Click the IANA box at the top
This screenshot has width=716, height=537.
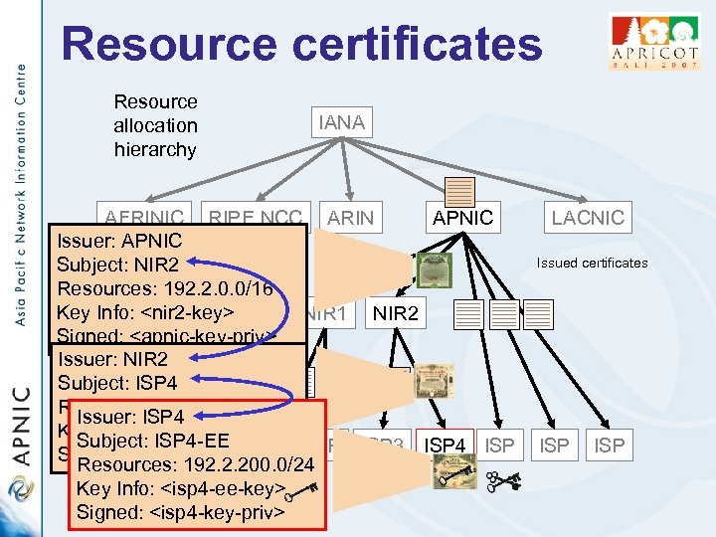(x=341, y=123)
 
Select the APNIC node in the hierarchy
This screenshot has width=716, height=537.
(x=460, y=218)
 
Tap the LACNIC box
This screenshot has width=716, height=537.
(x=588, y=218)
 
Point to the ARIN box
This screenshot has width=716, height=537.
(x=350, y=218)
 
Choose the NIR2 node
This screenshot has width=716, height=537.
(x=396, y=315)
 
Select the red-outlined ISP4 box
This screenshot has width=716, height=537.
(x=446, y=447)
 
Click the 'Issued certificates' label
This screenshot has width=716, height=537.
(x=592, y=263)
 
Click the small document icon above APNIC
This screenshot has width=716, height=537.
(x=460, y=190)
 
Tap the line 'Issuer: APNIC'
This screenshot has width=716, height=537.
(x=119, y=241)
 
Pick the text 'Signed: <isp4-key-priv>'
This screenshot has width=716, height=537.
(x=181, y=512)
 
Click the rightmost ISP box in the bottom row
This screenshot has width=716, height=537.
(x=609, y=447)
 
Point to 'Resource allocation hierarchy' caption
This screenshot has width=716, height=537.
(x=156, y=126)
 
